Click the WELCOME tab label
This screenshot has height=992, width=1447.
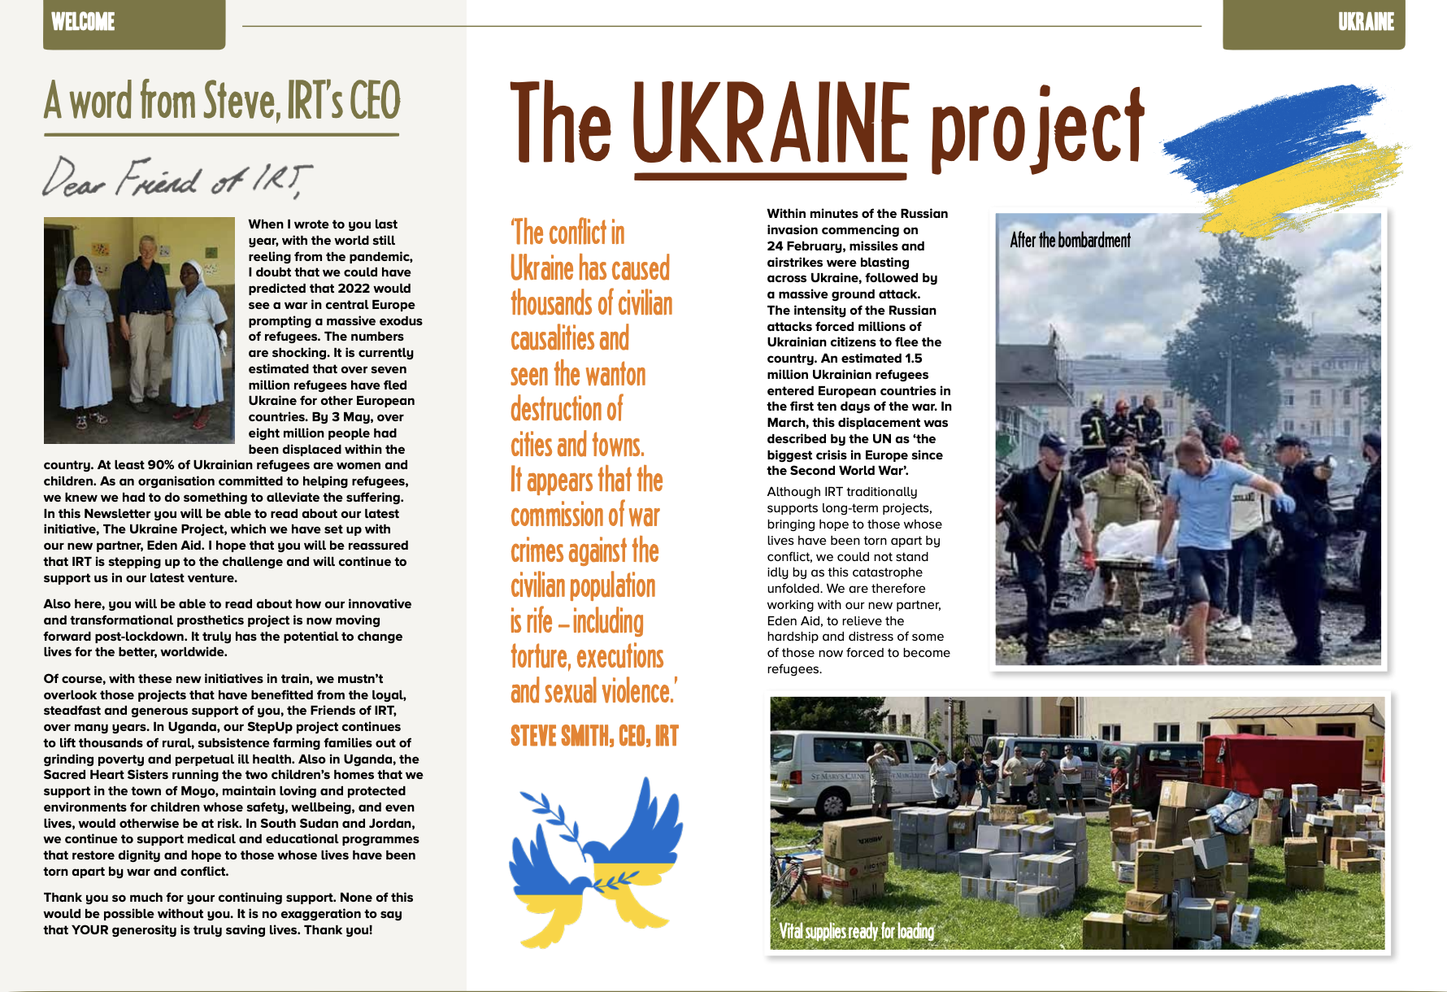click(83, 22)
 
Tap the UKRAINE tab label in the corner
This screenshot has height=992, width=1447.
click(1366, 22)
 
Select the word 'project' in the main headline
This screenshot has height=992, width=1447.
click(1036, 126)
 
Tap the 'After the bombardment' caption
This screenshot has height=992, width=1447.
click(1070, 240)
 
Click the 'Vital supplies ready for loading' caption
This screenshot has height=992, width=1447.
click(856, 931)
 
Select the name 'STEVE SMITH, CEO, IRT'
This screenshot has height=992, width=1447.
click(594, 737)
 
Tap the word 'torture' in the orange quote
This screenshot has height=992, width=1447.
click(540, 657)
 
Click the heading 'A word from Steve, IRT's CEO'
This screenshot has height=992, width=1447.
click(222, 101)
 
